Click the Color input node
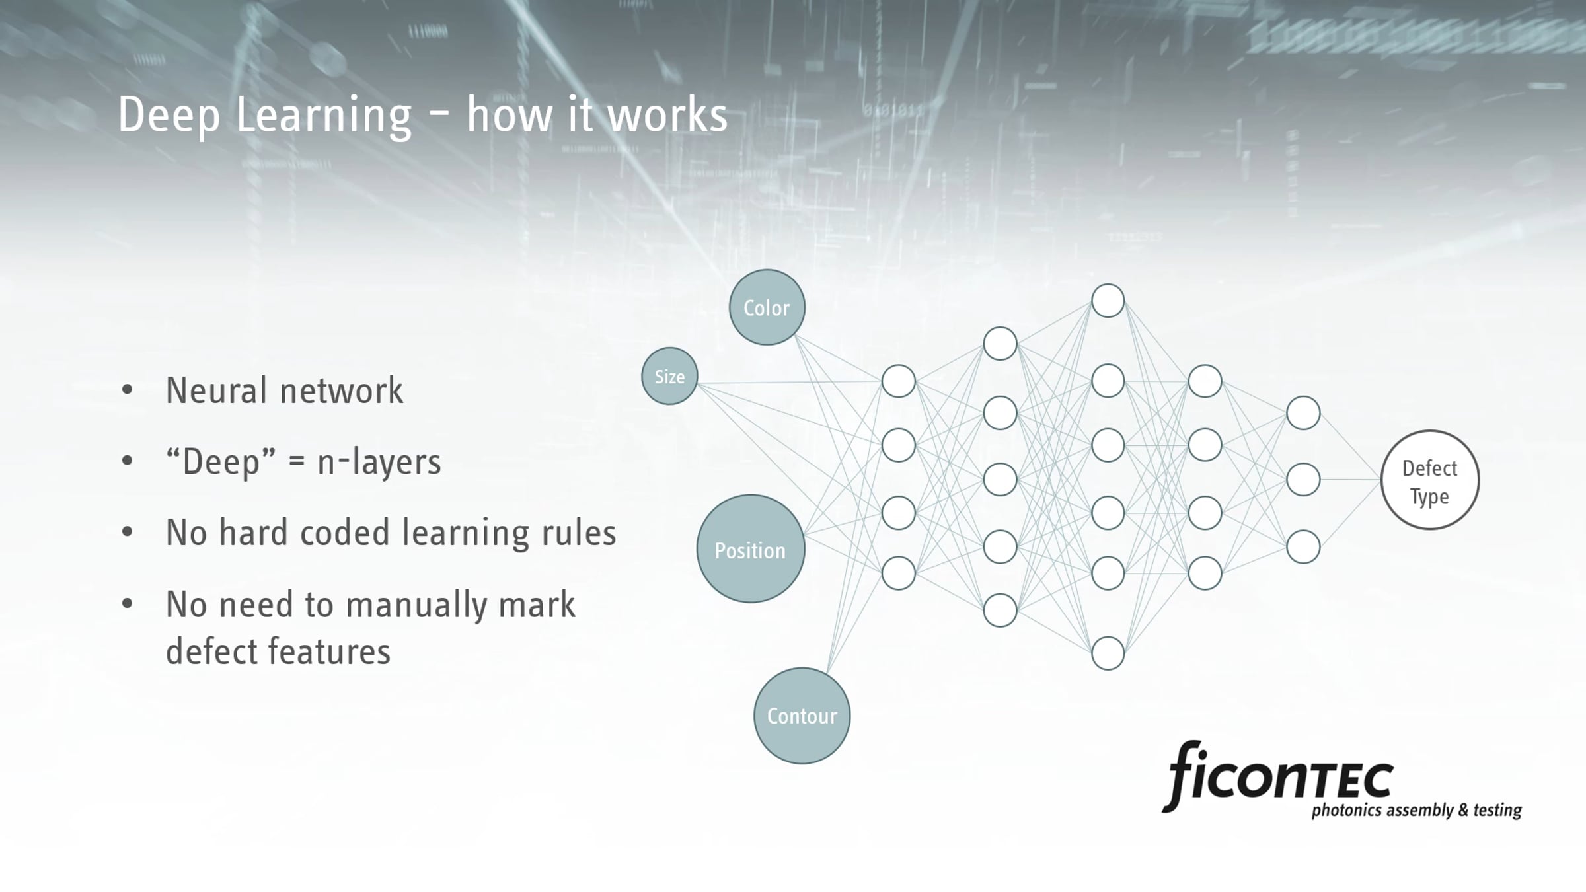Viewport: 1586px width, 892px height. click(767, 307)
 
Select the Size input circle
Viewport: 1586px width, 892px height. click(669, 376)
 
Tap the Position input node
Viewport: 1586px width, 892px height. click(751, 548)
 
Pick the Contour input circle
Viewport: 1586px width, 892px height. click(802, 716)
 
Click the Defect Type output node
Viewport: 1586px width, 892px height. click(1430, 480)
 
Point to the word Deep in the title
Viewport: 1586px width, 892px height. click(169, 115)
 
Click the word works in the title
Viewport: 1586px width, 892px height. click(667, 115)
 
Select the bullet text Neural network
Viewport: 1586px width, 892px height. click(284, 390)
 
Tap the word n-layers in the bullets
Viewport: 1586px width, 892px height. click(379, 461)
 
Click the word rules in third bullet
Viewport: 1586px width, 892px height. click(579, 533)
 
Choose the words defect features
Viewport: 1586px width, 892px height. click(278, 651)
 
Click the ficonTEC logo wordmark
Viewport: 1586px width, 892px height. click(1278, 776)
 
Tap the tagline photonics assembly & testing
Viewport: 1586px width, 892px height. click(1417, 810)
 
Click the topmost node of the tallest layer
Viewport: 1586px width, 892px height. click(1108, 301)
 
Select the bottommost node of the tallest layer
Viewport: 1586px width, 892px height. click(1108, 653)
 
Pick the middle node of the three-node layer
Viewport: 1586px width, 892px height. click(1303, 480)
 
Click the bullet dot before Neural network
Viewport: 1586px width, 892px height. click(128, 390)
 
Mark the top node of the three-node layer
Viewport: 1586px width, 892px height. click(1303, 413)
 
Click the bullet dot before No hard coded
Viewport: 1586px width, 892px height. click(128, 532)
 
